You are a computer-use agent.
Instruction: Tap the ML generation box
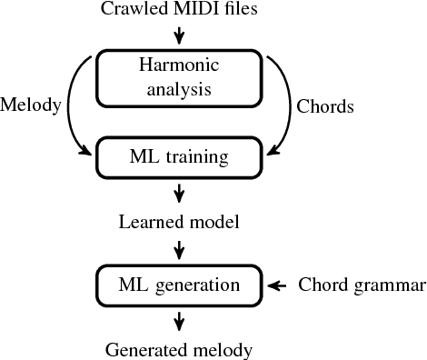(x=179, y=285)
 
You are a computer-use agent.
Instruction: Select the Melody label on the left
(x=31, y=105)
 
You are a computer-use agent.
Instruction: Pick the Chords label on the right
(x=325, y=105)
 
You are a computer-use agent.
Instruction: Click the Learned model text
(x=179, y=221)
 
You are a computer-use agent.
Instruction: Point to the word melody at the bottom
(x=220, y=349)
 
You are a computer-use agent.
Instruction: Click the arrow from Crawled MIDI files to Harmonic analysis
(x=179, y=35)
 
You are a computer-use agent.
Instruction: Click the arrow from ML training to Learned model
(x=179, y=192)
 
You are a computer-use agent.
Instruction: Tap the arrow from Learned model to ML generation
(x=179, y=247)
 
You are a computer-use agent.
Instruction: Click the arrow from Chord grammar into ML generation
(x=278, y=285)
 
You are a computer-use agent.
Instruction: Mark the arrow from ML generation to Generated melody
(x=179, y=319)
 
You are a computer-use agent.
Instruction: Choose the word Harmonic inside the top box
(x=179, y=65)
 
